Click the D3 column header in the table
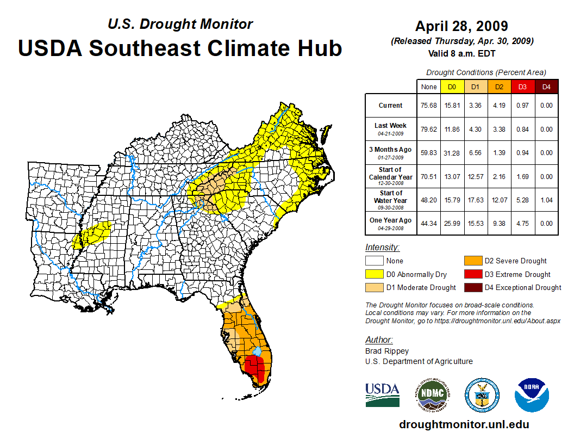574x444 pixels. pyautogui.click(x=523, y=87)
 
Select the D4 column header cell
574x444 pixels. pyautogui.click(x=546, y=87)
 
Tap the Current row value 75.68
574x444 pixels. pyautogui.click(x=429, y=106)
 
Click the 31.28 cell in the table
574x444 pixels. pyautogui.click(x=453, y=153)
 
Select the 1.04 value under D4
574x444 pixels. pyautogui.click(x=546, y=200)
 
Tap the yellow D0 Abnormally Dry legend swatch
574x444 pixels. pyautogui.click(x=374, y=274)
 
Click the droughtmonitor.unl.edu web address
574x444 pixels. pyautogui.click(x=464, y=424)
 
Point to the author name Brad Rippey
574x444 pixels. pyautogui.click(x=386, y=351)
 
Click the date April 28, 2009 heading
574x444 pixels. pyautogui.click(x=461, y=26)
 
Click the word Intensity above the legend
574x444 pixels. pyautogui.click(x=382, y=248)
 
